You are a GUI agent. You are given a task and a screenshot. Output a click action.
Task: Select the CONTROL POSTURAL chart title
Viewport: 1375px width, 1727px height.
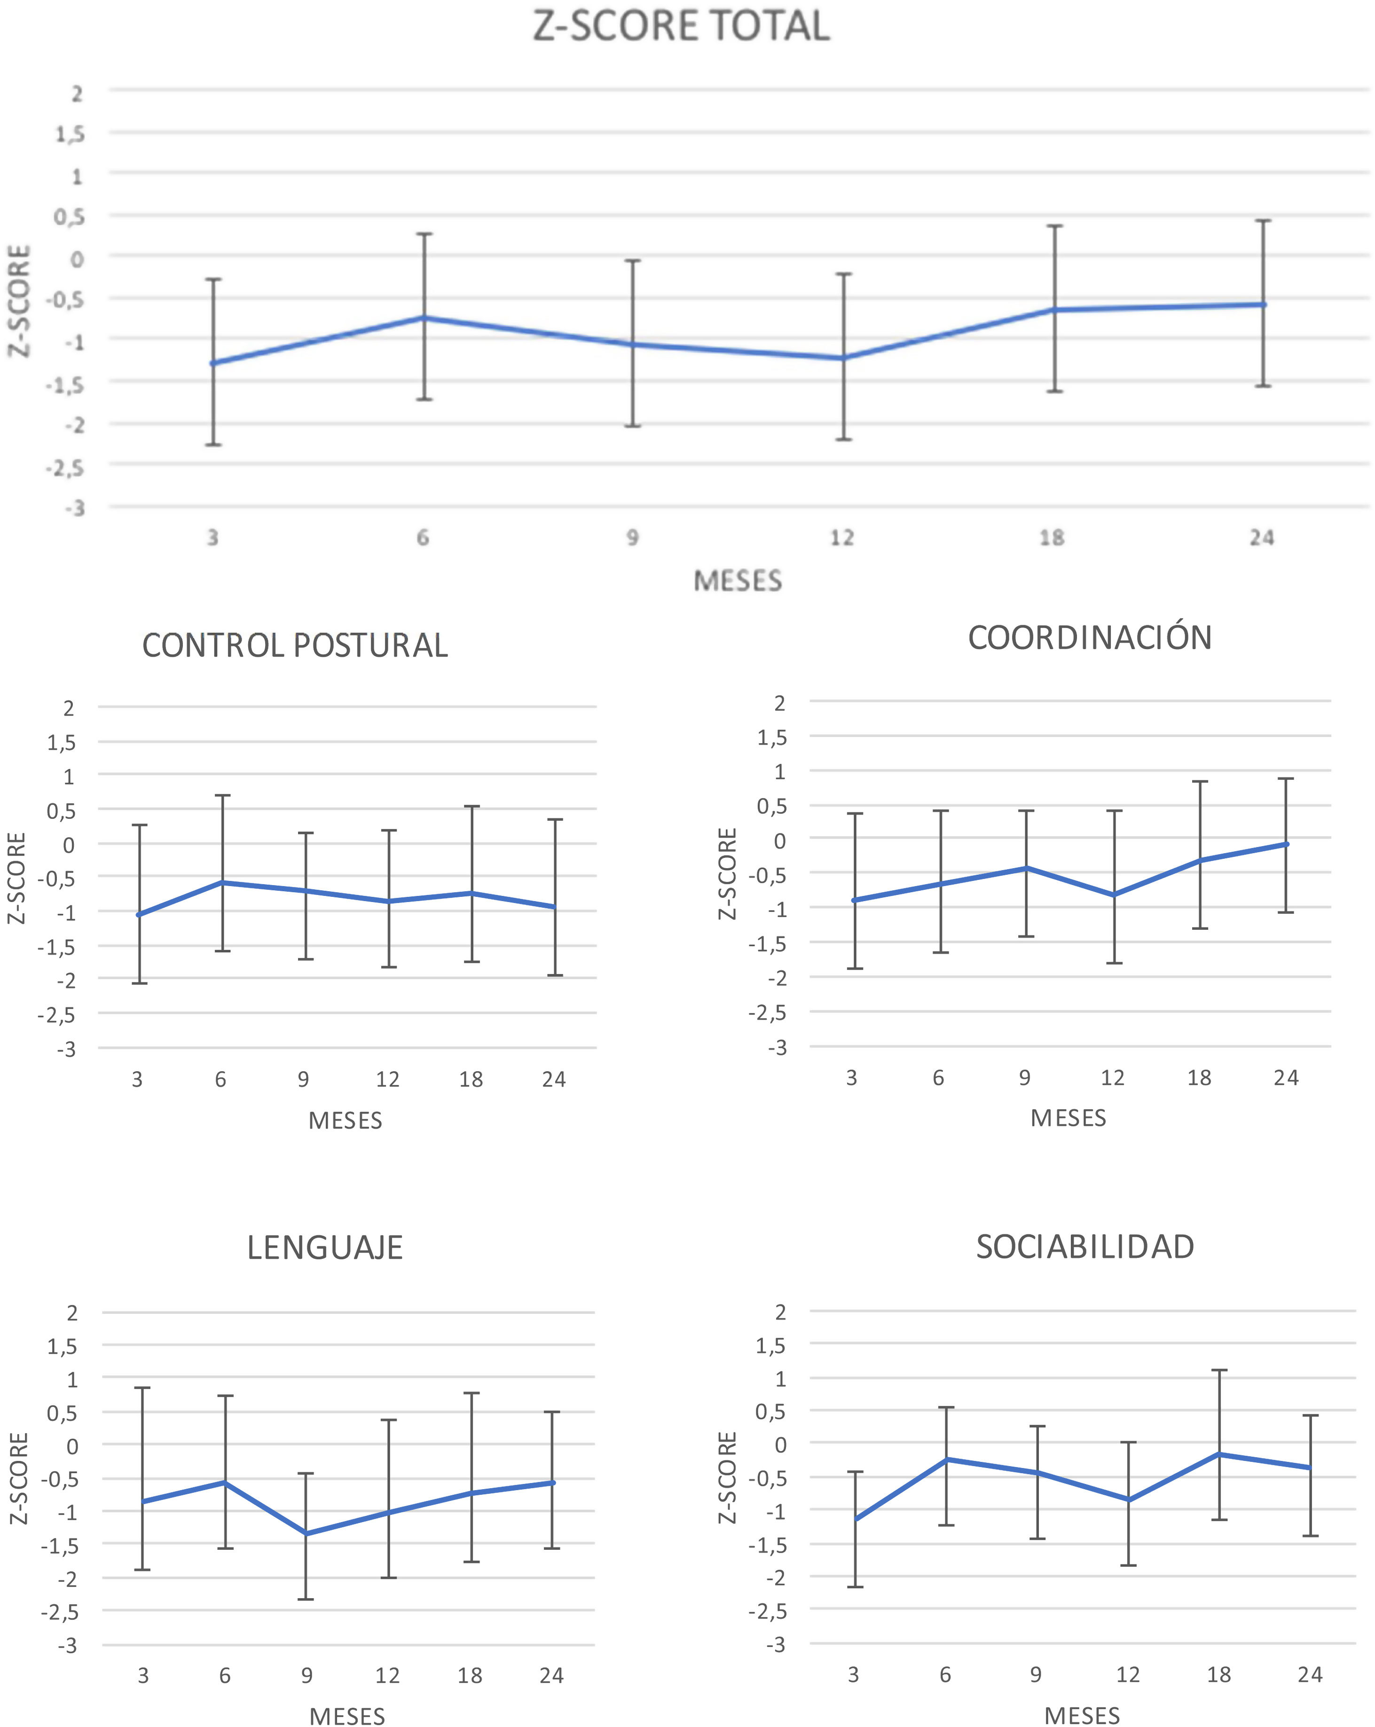pyautogui.click(x=294, y=645)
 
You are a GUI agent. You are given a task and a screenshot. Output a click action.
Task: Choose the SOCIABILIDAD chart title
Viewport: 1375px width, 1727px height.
pyautogui.click(x=1085, y=1247)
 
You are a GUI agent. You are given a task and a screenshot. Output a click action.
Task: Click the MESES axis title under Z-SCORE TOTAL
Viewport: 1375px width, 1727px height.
pyautogui.click(x=737, y=581)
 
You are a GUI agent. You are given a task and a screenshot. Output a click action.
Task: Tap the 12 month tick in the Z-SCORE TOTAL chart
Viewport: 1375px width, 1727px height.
pyautogui.click(x=842, y=537)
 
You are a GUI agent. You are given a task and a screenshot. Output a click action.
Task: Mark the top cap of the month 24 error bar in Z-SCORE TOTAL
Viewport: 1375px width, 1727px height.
pyautogui.click(x=1264, y=220)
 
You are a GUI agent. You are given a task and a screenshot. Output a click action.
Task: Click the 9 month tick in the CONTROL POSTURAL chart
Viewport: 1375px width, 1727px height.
pyautogui.click(x=304, y=1080)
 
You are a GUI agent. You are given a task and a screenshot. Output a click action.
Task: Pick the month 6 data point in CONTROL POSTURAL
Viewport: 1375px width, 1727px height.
pyautogui.click(x=223, y=883)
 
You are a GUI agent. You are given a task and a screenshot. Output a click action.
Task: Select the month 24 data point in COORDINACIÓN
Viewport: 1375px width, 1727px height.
pyautogui.click(x=1286, y=844)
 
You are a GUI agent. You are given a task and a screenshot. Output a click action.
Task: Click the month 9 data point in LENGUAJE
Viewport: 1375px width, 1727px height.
pyautogui.click(x=306, y=1533)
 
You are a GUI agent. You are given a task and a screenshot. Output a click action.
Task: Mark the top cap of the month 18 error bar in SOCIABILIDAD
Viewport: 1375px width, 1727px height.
pyautogui.click(x=1219, y=1371)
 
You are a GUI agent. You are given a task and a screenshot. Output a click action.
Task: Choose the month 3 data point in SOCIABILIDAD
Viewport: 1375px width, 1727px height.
pyautogui.click(x=855, y=1519)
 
